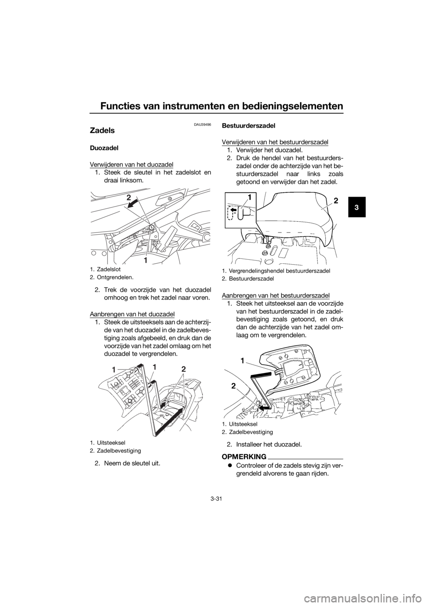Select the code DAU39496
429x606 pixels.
tap(202, 124)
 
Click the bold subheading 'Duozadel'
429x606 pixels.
tap(102, 149)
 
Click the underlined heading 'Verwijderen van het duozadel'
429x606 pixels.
tap(132, 165)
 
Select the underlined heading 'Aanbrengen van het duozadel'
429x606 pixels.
tap(132, 314)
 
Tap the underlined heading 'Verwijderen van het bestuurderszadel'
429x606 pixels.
tap(275, 142)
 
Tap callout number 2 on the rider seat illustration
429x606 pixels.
tap(336, 200)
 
